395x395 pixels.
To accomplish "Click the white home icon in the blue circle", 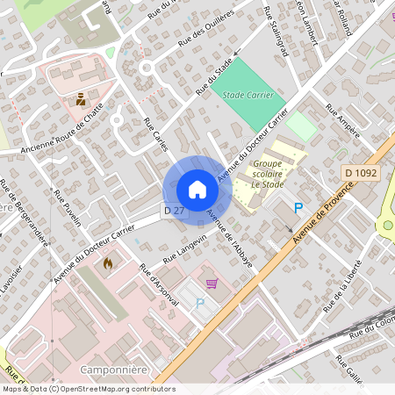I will point(197,189).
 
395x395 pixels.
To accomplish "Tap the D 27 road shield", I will point(174,211).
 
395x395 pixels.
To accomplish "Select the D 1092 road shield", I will point(361,174).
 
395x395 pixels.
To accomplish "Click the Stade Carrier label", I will point(248,95).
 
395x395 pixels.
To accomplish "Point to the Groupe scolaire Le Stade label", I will point(269,174).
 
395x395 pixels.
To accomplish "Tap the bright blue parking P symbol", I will point(298,209).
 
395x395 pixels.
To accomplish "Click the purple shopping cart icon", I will point(212,283).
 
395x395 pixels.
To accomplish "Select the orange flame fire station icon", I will point(108,262).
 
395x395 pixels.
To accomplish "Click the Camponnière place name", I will point(110,369).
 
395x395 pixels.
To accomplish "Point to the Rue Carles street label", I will point(155,133).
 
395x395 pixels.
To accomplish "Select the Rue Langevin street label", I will point(184,249).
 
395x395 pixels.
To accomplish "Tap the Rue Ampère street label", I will point(342,122).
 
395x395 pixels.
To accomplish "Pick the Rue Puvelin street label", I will point(67,208).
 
